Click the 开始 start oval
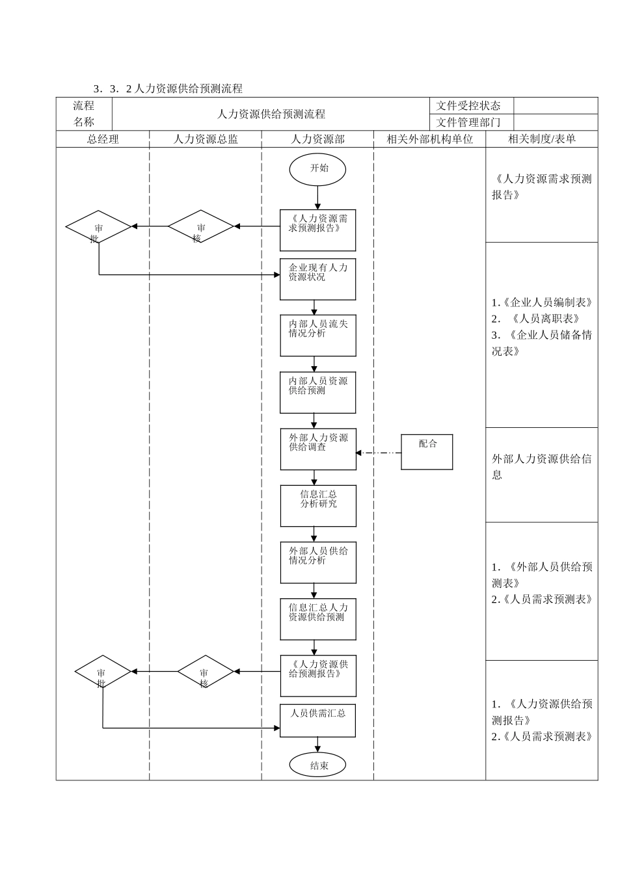(x=317, y=169)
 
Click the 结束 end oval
(x=317, y=765)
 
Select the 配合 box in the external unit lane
(x=427, y=451)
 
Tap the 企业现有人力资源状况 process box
(x=317, y=279)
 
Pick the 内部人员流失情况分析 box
(x=317, y=336)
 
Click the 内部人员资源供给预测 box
(x=317, y=392)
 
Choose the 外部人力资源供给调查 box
(x=317, y=449)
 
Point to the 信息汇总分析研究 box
(x=317, y=505)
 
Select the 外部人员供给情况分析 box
(x=317, y=562)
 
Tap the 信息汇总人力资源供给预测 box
(x=317, y=619)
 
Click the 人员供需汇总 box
(x=317, y=721)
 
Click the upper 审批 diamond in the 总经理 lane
(x=98, y=227)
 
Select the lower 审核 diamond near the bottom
(x=205, y=672)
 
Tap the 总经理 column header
(x=103, y=139)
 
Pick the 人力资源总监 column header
(x=206, y=139)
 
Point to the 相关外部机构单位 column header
(x=429, y=139)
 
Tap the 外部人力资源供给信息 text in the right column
(x=541, y=466)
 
